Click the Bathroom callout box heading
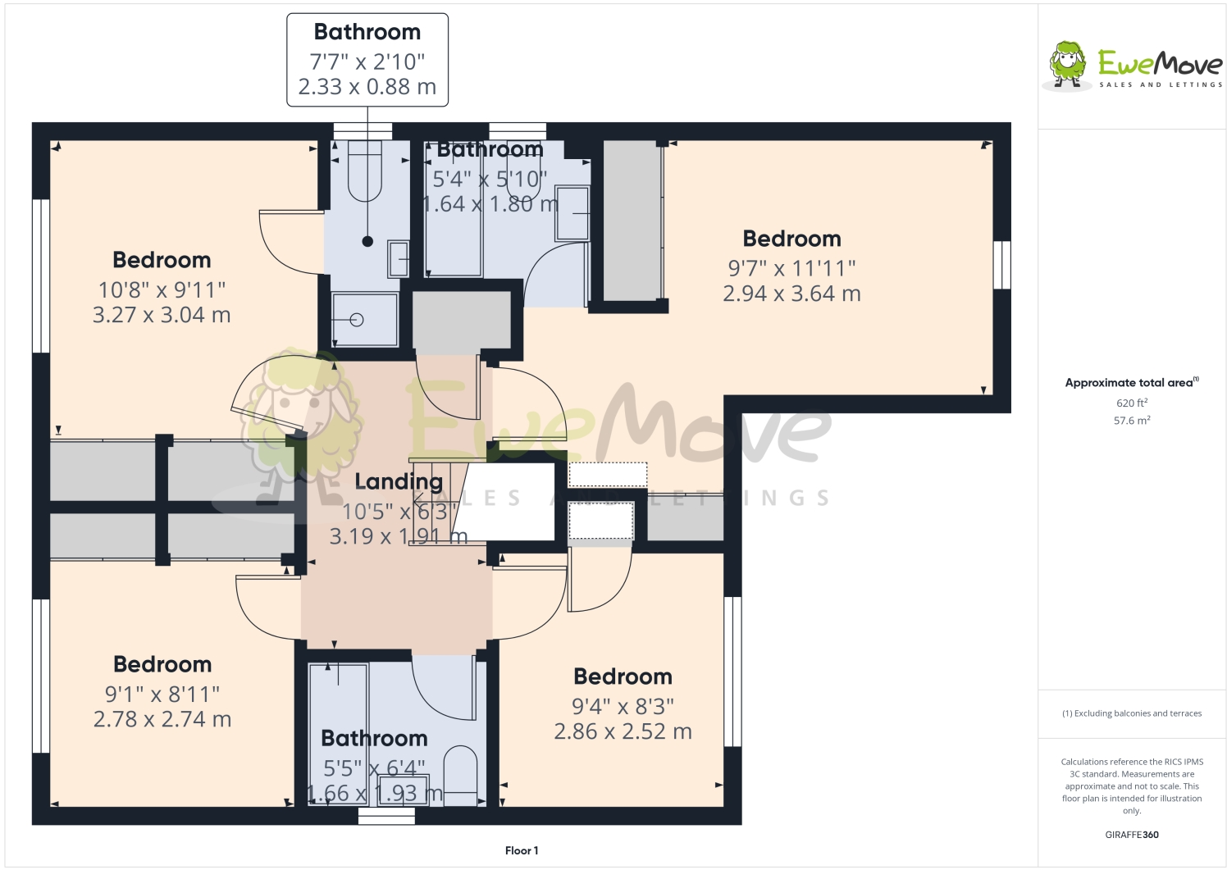[367, 32]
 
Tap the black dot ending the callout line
[367, 241]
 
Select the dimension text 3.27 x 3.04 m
[162, 315]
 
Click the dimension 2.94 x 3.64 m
[791, 294]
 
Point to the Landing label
[399, 481]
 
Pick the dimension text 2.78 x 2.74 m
[162, 719]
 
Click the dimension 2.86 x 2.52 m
[623, 731]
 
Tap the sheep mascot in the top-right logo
[1067, 64]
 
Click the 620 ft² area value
[1131, 403]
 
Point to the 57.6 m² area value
[1131, 421]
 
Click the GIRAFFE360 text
[1131, 835]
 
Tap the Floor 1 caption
[522, 850]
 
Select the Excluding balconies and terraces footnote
[1131, 713]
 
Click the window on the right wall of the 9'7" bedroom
[1001, 264]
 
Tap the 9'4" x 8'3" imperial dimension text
[623, 706]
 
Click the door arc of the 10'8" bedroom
[287, 243]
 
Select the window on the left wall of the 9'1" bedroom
[41, 675]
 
